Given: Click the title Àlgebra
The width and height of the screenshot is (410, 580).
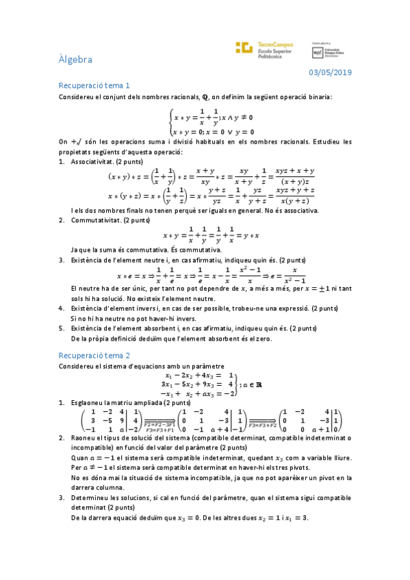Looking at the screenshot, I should point(75,60).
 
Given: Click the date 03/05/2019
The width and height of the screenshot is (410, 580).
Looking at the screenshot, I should point(330,72).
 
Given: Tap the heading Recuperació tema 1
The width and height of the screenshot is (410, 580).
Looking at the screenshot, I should point(94,85).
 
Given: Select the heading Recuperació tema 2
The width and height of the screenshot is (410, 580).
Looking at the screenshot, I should point(94,355).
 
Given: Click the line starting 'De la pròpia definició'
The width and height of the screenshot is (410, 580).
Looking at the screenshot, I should point(171,338).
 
